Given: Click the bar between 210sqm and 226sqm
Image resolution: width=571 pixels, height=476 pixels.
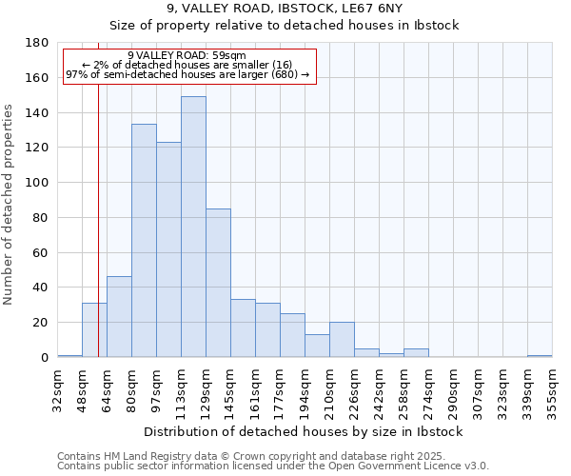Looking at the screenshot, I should point(342,340).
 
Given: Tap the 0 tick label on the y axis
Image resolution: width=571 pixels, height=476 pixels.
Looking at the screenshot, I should point(45,358).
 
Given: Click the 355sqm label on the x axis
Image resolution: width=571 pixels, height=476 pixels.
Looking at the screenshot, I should point(553,391).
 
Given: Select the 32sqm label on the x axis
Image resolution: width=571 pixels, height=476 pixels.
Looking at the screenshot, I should point(58,391).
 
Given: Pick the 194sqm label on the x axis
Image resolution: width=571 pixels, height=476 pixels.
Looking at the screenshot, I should point(305,391).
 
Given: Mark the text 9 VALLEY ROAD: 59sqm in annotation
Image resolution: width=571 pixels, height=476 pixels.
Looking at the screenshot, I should point(187,55).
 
